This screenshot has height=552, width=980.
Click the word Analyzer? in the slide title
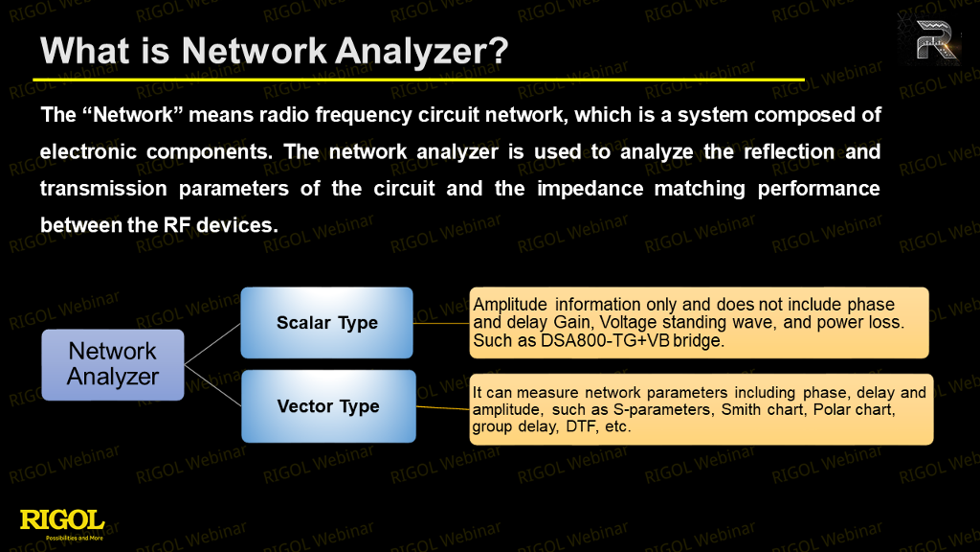tap(421, 51)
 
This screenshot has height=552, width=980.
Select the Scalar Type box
tap(327, 323)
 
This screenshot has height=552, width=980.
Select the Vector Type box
tap(329, 406)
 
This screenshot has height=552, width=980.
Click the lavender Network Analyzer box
tap(113, 365)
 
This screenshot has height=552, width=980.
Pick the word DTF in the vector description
tap(581, 426)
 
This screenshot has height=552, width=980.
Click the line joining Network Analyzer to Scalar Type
tap(212, 344)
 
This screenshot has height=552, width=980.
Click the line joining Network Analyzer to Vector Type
tap(213, 385)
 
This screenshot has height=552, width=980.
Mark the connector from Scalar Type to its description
tap(441, 324)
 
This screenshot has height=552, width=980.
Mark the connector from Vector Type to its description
tap(442, 408)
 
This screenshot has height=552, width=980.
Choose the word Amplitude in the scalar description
tap(510, 305)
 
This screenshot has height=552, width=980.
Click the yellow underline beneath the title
tap(418, 80)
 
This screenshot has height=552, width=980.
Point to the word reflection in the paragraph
tap(789, 152)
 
